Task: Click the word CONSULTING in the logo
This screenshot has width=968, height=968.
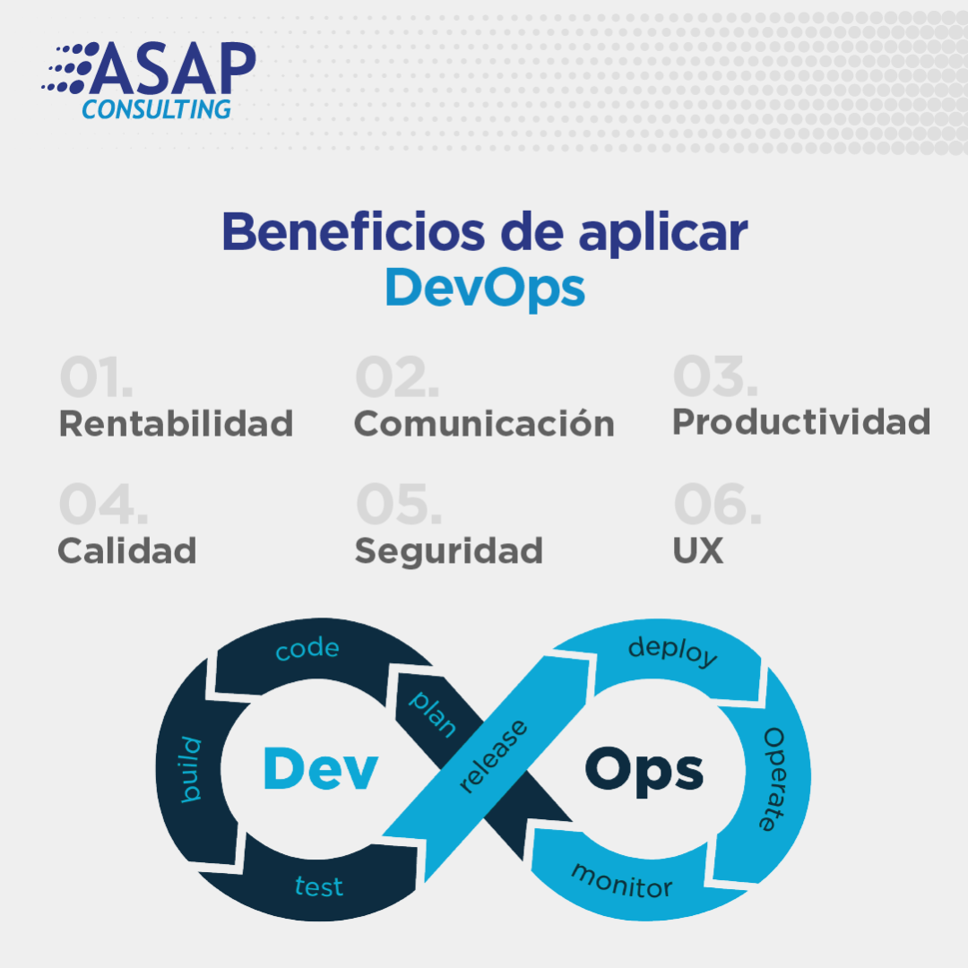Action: tap(157, 108)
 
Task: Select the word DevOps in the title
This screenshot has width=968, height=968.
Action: tap(485, 288)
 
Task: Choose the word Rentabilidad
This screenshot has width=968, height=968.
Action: tap(176, 423)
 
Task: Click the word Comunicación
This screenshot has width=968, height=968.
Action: tap(484, 423)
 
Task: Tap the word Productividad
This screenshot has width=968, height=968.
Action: tap(801, 421)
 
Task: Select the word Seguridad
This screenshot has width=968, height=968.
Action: tap(448, 550)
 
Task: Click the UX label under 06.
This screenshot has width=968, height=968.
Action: tap(697, 550)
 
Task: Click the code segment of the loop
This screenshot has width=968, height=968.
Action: tap(307, 650)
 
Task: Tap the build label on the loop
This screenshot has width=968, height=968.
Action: tap(192, 769)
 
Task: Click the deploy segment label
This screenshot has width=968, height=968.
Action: tap(673, 652)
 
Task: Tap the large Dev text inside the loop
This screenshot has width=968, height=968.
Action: tap(320, 769)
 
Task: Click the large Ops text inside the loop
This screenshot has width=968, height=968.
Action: tap(644, 769)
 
